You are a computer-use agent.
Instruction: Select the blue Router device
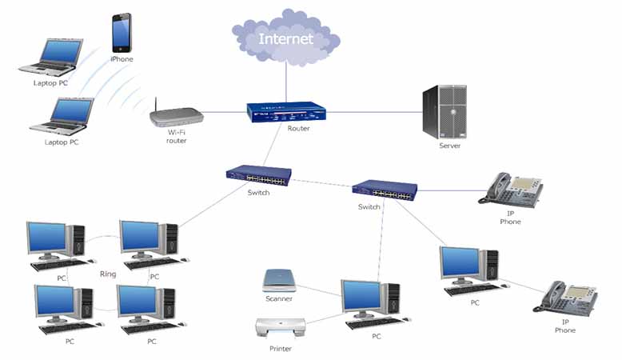(x=286, y=113)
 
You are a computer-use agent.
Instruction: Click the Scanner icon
(x=280, y=281)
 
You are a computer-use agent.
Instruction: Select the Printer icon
(x=280, y=329)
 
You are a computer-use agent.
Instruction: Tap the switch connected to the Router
(x=257, y=176)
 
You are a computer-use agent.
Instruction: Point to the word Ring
(x=108, y=274)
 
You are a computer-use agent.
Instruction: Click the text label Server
(x=449, y=146)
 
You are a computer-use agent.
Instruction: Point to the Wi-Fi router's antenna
(x=154, y=105)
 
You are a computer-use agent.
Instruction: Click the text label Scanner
(x=279, y=299)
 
